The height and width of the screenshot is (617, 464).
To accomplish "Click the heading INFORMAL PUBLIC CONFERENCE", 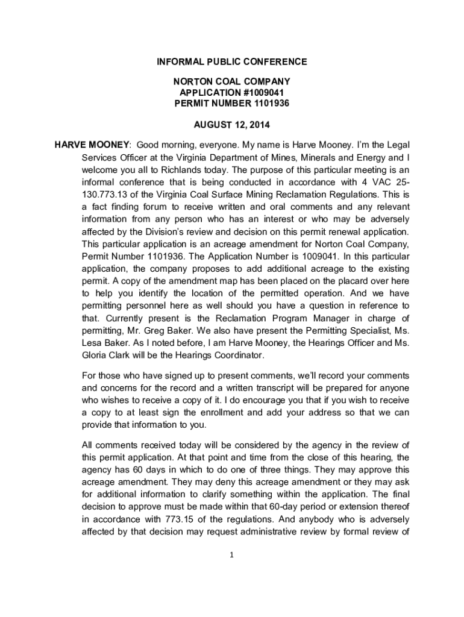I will click(x=232, y=62).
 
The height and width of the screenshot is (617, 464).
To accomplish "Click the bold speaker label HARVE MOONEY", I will click(x=92, y=145).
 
